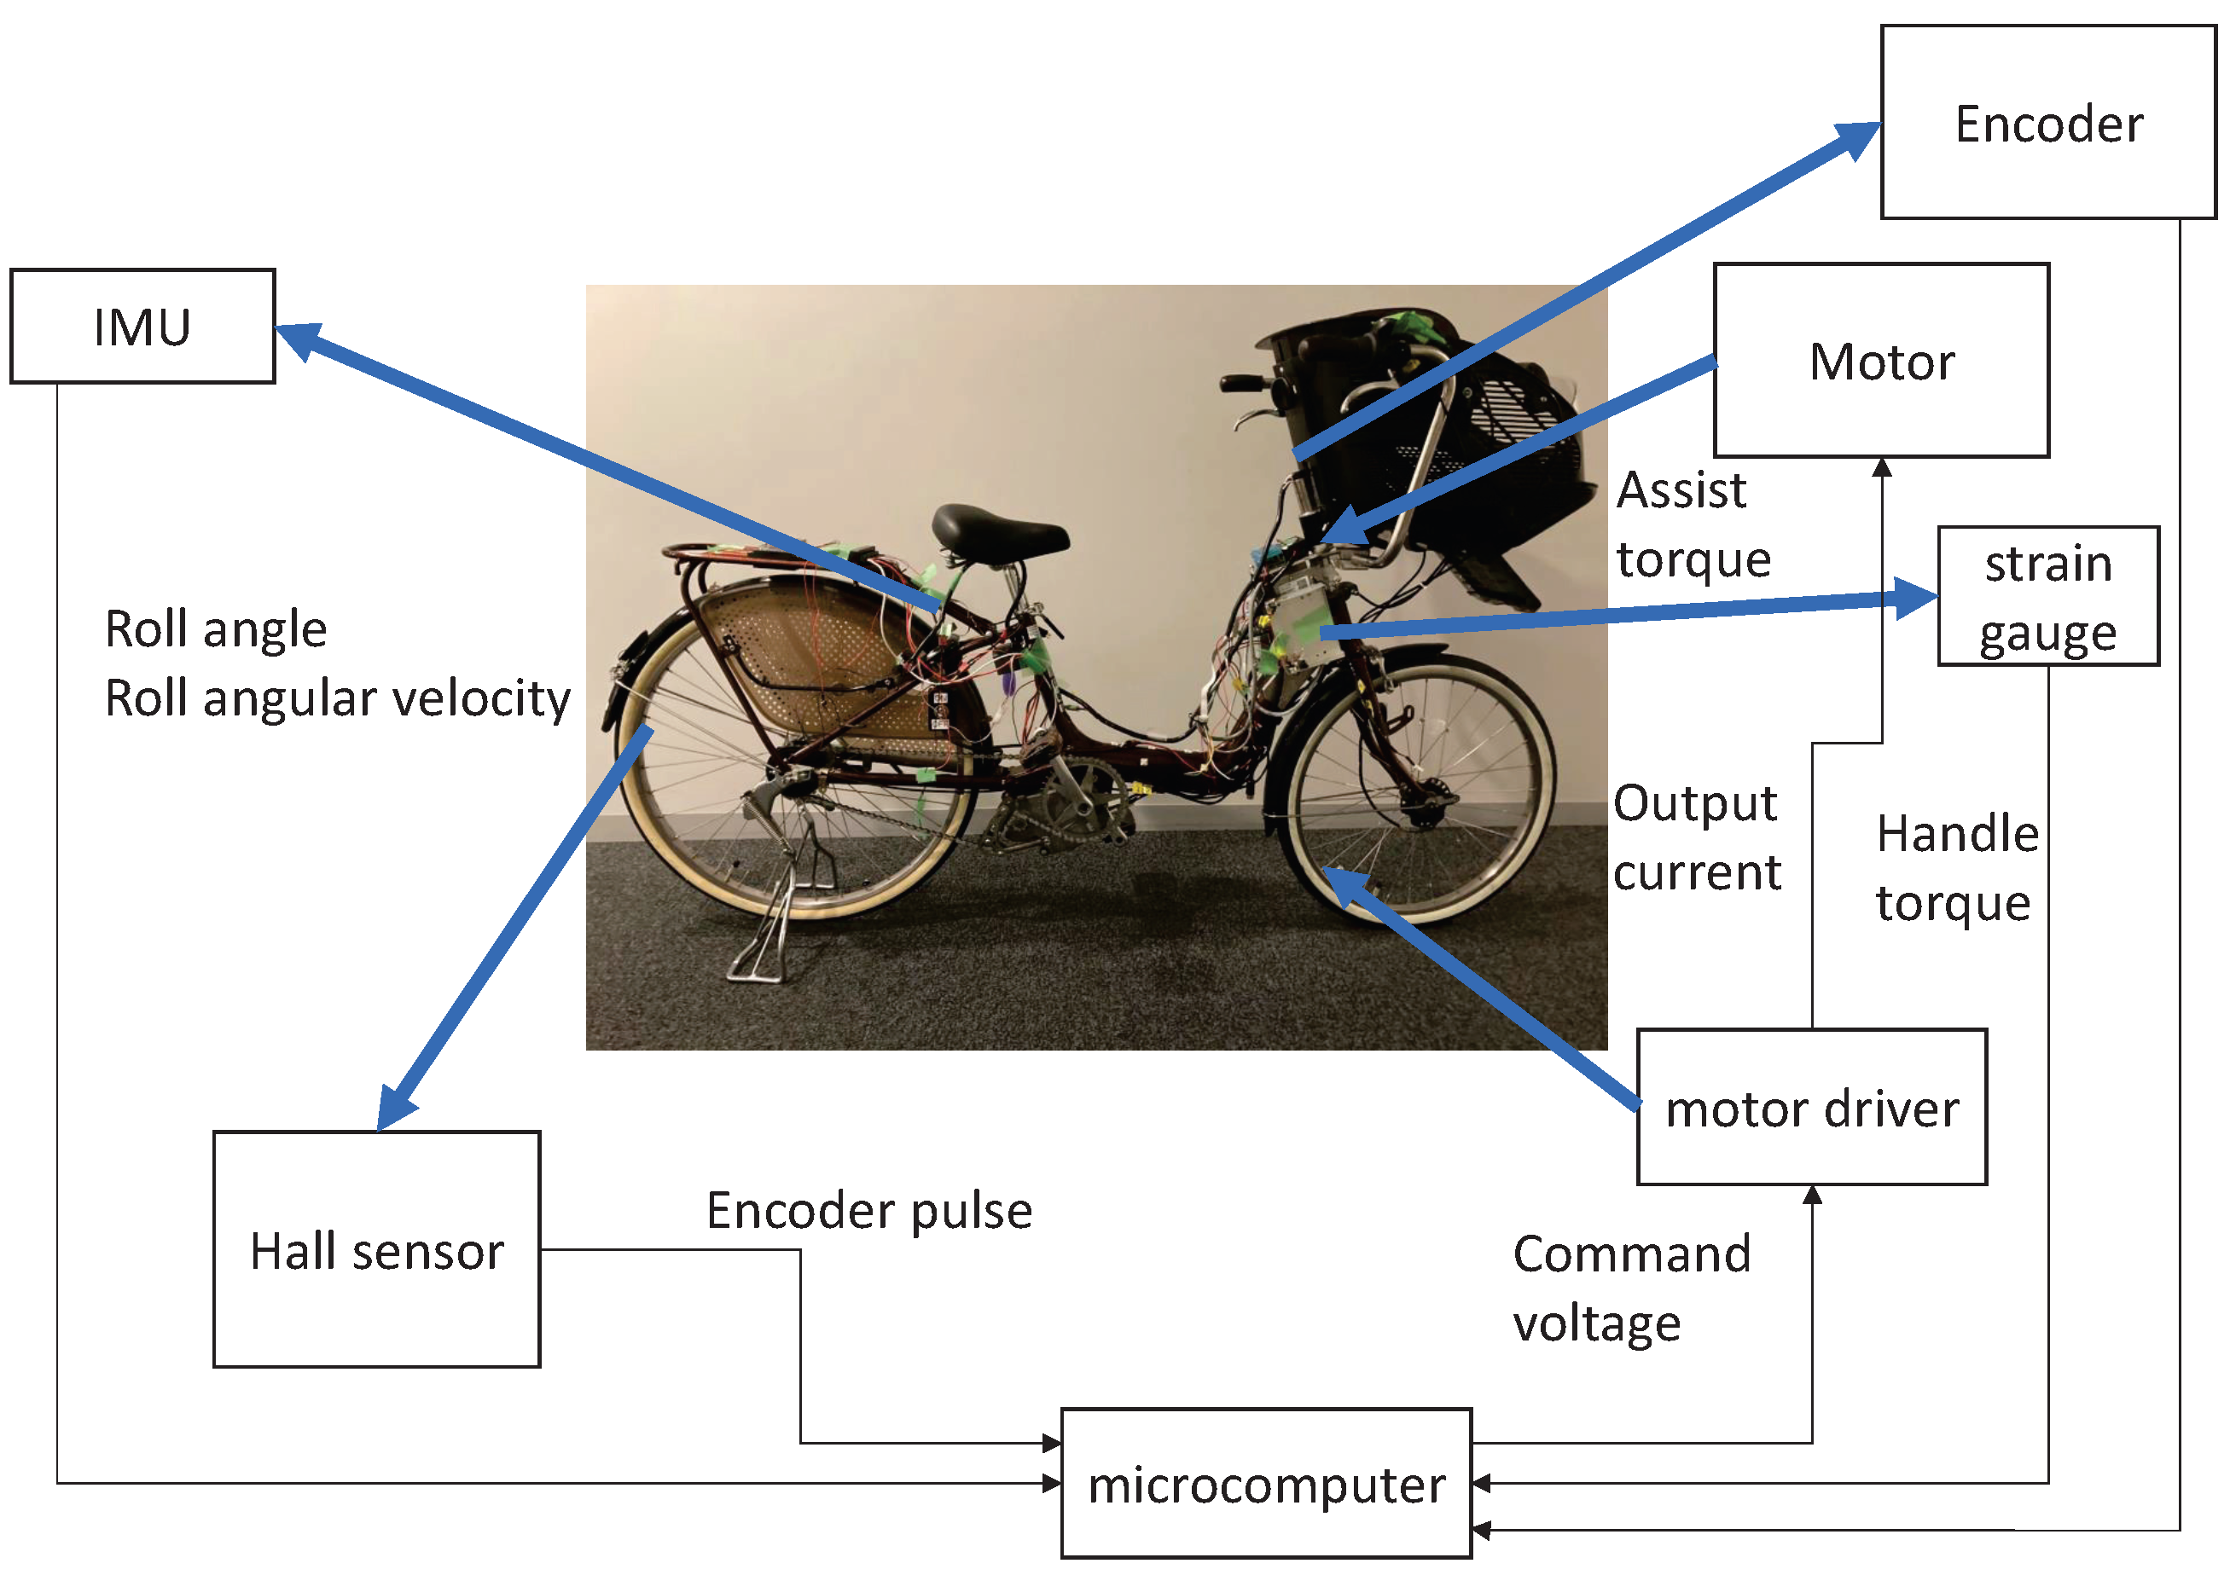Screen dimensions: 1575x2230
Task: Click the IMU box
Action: (142, 327)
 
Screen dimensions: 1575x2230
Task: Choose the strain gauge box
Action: (2047, 596)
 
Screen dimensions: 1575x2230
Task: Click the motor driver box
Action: (1811, 1107)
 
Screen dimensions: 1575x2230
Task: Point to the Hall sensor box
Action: (376, 1250)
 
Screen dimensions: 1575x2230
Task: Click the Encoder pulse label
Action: (868, 1210)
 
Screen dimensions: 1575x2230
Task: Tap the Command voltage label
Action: (1631, 1288)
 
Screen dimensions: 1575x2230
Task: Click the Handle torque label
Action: (1955, 867)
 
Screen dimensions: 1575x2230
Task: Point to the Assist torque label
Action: (1692, 524)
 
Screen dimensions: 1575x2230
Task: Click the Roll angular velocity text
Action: (337, 698)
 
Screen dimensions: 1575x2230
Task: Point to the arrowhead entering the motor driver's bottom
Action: (1812, 1196)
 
